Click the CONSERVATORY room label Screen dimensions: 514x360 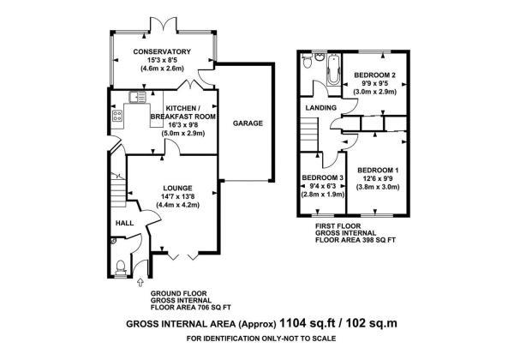[162, 51]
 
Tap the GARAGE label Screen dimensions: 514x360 [248, 123]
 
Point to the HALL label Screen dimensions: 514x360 [124, 223]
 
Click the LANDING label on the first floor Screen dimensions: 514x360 [321, 107]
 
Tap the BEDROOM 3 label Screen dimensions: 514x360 [323, 177]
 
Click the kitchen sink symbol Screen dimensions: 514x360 [137, 98]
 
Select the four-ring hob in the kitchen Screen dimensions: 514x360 [117, 116]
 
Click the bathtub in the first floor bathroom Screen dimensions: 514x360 [332, 69]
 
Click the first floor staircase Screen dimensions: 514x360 [310, 135]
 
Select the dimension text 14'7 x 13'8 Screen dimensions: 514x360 [177, 197]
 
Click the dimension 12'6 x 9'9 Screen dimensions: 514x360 [378, 179]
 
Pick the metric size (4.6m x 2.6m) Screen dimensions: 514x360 [162, 69]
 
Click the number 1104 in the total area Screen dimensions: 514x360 [290, 323]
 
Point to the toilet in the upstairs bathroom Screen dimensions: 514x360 [308, 62]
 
